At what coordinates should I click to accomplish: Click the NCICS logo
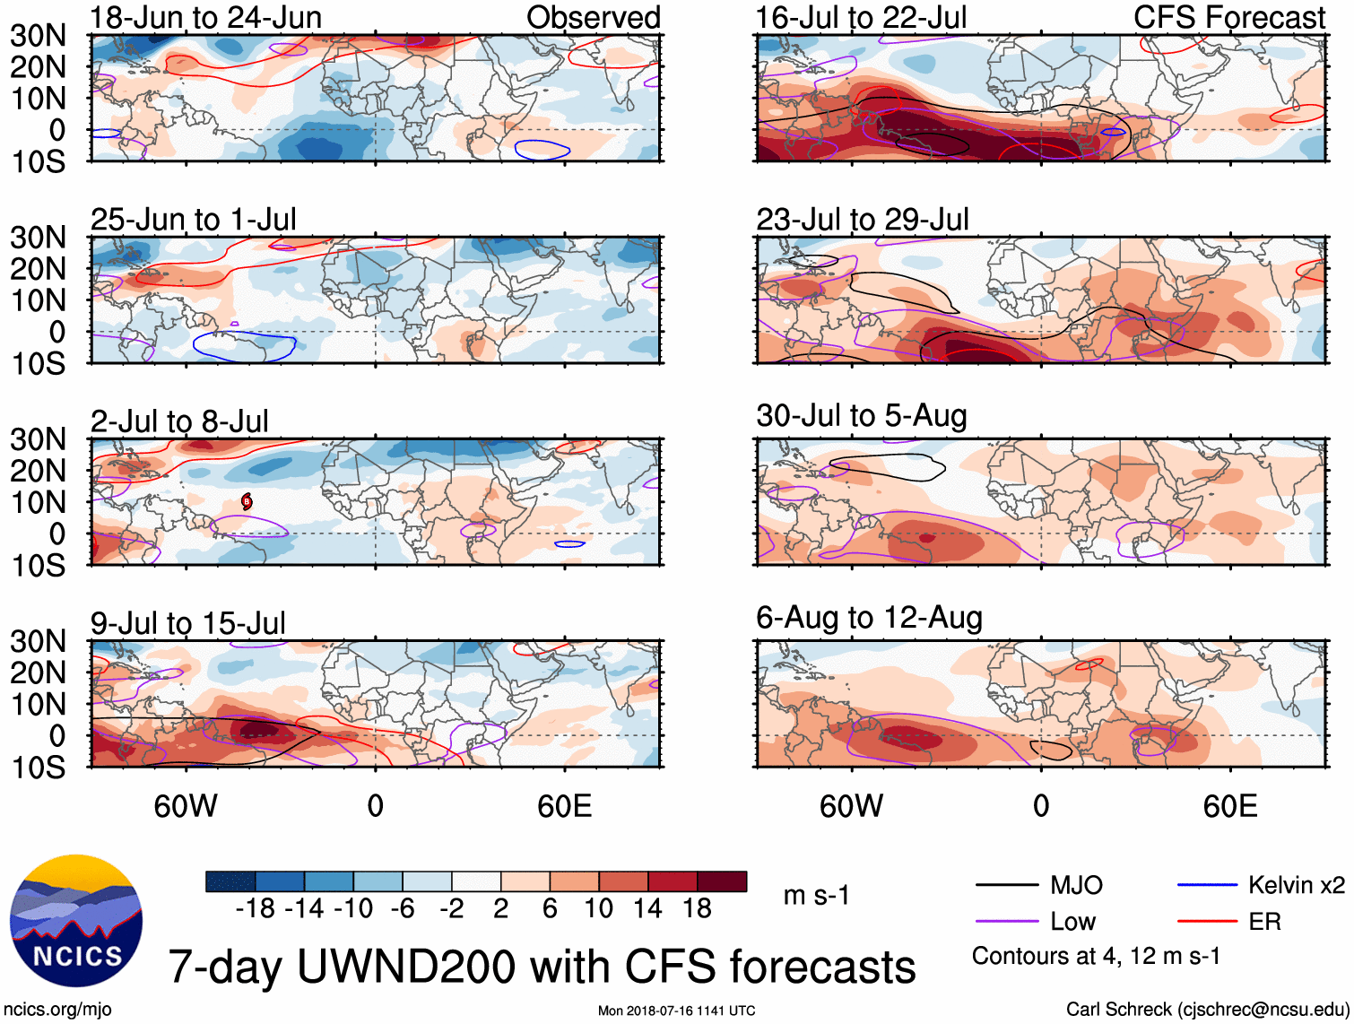tap(75, 920)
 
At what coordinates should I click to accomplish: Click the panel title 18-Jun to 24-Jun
tap(205, 17)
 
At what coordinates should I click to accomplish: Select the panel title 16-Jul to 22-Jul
tap(861, 17)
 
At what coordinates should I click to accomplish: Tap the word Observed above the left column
tap(593, 17)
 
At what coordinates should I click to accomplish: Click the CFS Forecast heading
tap(1229, 17)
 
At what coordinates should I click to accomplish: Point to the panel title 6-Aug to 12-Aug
tap(869, 618)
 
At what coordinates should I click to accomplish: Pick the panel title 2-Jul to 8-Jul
tap(179, 421)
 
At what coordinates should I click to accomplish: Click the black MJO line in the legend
tap(1006, 886)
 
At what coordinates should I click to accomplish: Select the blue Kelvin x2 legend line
tap(1207, 885)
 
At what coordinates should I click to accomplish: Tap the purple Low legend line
tap(1006, 922)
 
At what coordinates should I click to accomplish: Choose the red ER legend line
tap(1207, 921)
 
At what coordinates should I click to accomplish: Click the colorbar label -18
tap(256, 909)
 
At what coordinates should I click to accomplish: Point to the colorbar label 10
tap(599, 909)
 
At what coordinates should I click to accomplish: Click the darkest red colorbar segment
tap(722, 881)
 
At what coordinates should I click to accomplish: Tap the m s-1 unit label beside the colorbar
tap(816, 896)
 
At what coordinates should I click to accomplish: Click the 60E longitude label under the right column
tap(1229, 806)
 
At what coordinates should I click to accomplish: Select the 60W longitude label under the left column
tap(186, 806)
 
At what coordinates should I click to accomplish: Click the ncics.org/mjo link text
tap(57, 1010)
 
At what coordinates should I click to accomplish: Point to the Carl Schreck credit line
tap(1207, 1010)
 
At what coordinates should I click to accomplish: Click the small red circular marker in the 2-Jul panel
tap(247, 502)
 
